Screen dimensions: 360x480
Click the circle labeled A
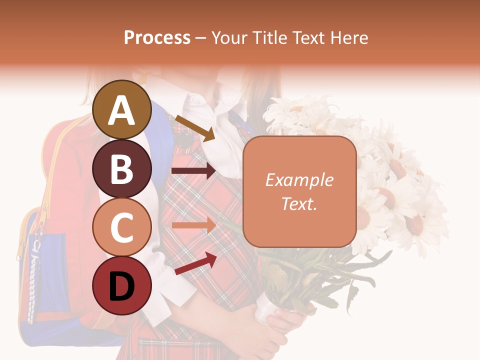(x=122, y=109)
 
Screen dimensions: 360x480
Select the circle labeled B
(x=122, y=168)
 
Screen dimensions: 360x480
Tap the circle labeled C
(x=122, y=227)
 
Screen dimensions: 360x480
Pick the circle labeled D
(x=122, y=285)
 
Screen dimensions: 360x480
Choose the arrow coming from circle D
(x=195, y=263)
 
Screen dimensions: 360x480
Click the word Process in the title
(x=157, y=37)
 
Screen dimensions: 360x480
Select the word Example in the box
(x=299, y=180)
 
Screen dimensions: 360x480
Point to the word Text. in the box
(x=299, y=203)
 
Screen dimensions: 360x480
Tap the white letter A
(x=122, y=110)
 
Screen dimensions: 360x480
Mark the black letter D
(x=122, y=286)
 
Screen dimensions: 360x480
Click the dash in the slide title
(x=201, y=38)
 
